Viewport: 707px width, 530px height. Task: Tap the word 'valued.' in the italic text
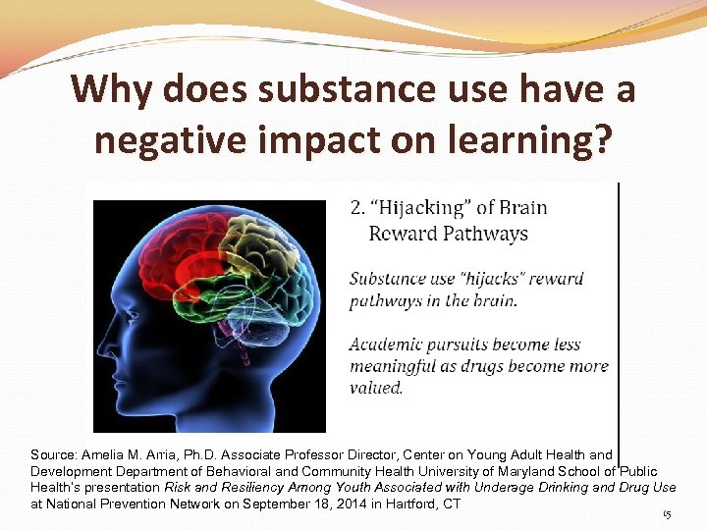click(376, 388)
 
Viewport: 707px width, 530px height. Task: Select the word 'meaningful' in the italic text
click(395, 366)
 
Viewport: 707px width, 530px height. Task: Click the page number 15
click(667, 514)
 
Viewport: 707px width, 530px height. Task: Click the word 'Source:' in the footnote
click(53, 455)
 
